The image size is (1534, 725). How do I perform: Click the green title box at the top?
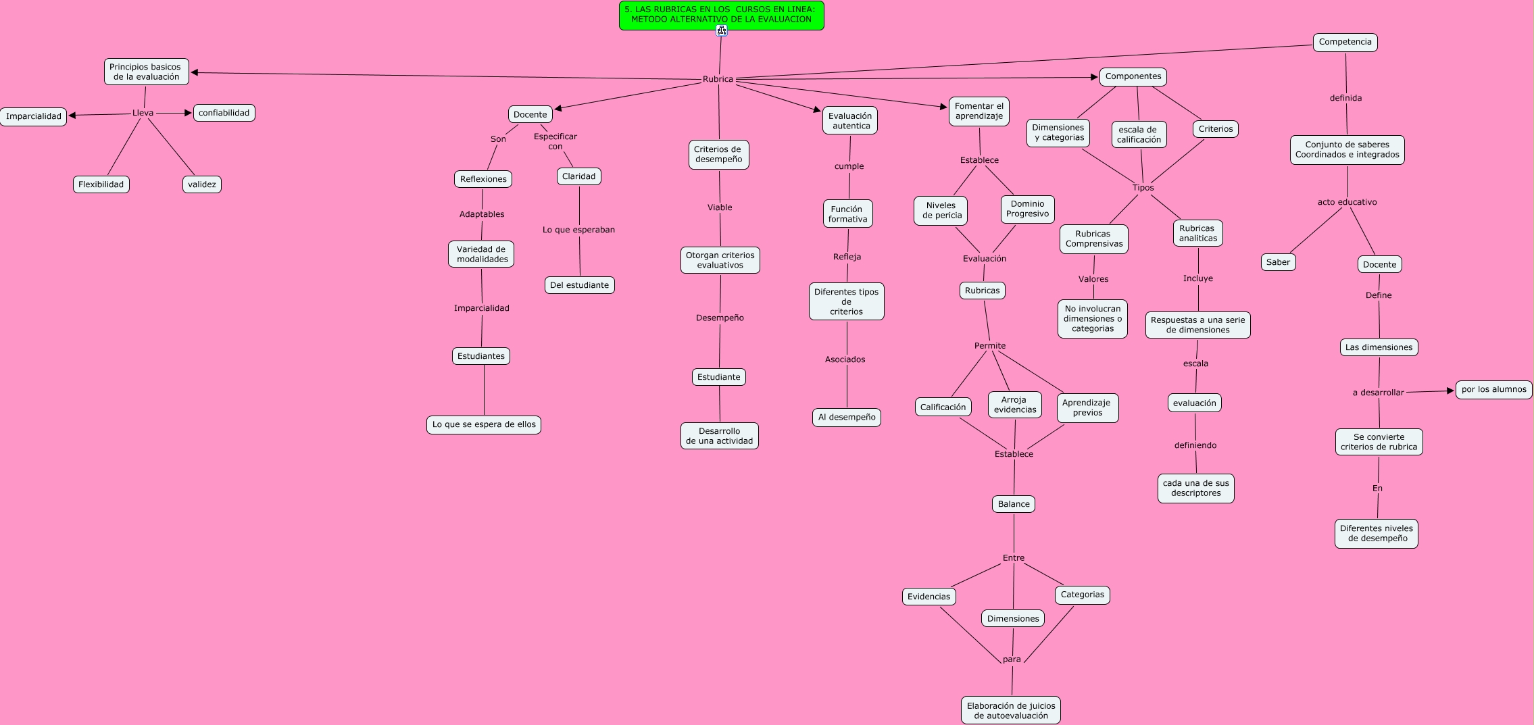[721, 15]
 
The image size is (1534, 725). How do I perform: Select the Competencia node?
[1345, 42]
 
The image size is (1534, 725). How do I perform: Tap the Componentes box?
[1133, 76]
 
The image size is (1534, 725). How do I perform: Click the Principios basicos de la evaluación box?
[146, 72]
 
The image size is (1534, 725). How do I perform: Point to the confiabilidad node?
[224, 113]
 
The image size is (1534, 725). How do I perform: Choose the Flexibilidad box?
[101, 184]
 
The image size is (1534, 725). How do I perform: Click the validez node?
[201, 184]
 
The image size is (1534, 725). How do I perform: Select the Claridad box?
[578, 176]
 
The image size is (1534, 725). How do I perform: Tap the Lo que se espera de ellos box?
[484, 424]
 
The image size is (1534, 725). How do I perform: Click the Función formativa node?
[847, 214]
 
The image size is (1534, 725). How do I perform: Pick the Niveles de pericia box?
[941, 210]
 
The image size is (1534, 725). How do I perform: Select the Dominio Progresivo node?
[1027, 209]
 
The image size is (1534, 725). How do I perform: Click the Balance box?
[1014, 504]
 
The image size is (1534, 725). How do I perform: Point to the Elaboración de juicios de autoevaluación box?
[1010, 710]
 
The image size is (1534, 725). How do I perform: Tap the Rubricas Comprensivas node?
[1093, 239]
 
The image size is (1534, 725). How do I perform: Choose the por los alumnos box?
[1493, 389]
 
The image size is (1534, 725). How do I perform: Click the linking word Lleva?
[143, 113]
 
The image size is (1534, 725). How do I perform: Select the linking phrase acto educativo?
[1347, 202]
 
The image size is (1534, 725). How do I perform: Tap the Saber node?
[1278, 262]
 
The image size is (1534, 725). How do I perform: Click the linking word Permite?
[989, 346]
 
